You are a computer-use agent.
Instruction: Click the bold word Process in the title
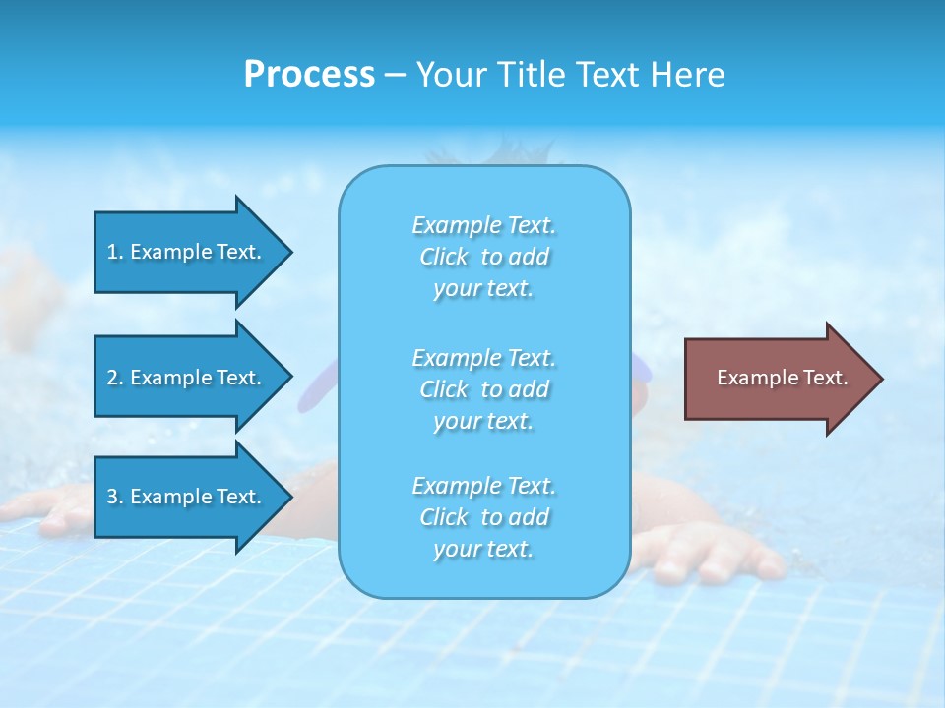pyautogui.click(x=309, y=75)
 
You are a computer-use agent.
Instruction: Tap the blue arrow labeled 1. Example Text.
pyautogui.click(x=187, y=252)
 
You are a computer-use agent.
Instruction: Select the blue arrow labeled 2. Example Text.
pyautogui.click(x=187, y=378)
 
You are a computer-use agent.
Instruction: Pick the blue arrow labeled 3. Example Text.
pyautogui.click(x=187, y=497)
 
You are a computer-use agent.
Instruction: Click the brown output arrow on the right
pyautogui.click(x=778, y=379)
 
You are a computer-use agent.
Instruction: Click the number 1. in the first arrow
pyautogui.click(x=115, y=252)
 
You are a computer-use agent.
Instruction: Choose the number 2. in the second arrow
pyautogui.click(x=115, y=378)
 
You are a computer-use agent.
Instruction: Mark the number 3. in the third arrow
pyautogui.click(x=115, y=497)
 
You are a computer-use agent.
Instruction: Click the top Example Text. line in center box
pyautogui.click(x=483, y=225)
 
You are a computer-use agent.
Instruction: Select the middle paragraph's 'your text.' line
pyautogui.click(x=483, y=421)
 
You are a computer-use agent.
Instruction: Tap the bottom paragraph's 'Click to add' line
pyautogui.click(x=483, y=517)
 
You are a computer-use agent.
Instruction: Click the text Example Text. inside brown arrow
pyautogui.click(x=782, y=378)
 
